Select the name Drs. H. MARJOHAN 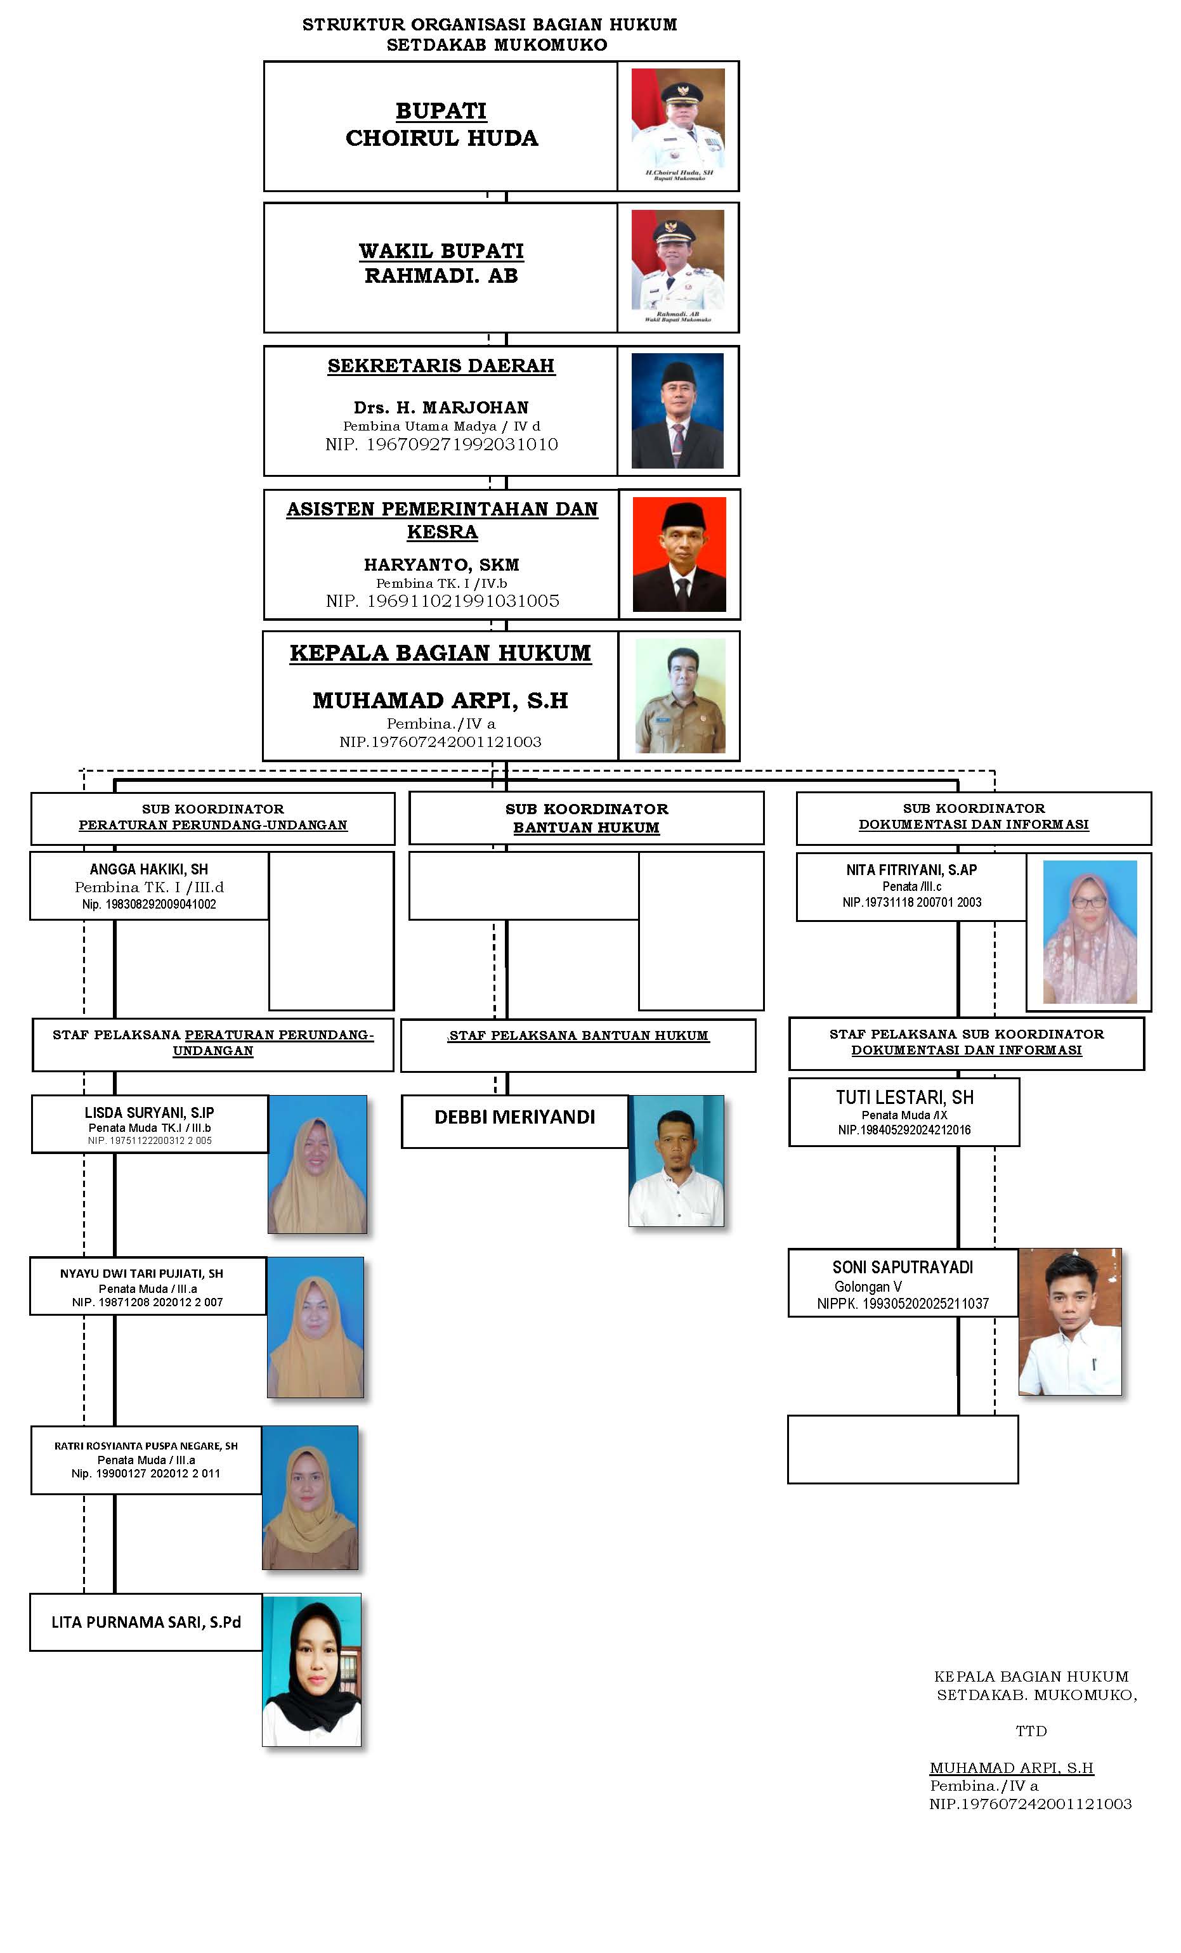pyautogui.click(x=441, y=407)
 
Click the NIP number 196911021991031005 pyautogui.click(x=442, y=601)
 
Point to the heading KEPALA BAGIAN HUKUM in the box pyautogui.click(x=440, y=653)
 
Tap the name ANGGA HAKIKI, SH pyautogui.click(x=149, y=869)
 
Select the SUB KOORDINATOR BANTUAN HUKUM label pyautogui.click(x=587, y=818)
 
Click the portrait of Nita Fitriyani pyautogui.click(x=1089, y=932)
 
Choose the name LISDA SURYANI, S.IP pyautogui.click(x=149, y=1113)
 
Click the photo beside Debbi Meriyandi pyautogui.click(x=676, y=1160)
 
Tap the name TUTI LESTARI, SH pyautogui.click(x=904, y=1097)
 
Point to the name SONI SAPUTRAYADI pyautogui.click(x=902, y=1268)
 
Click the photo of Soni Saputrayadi pyautogui.click(x=1069, y=1322)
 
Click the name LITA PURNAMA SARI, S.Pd pyautogui.click(x=146, y=1623)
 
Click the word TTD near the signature pyautogui.click(x=1031, y=1731)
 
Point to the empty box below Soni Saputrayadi pyautogui.click(x=902, y=1449)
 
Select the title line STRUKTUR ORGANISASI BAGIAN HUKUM pyautogui.click(x=489, y=25)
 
